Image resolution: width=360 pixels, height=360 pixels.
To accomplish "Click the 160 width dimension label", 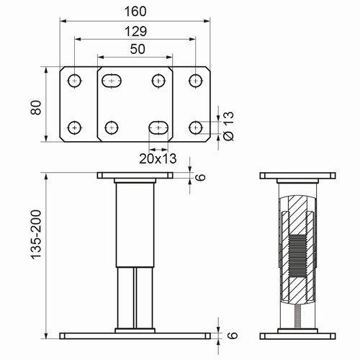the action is tap(135, 12).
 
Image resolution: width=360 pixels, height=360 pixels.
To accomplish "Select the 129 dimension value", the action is tap(135, 32).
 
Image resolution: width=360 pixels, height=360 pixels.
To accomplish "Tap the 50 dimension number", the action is tap(138, 49).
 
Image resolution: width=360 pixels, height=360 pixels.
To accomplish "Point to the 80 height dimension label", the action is tap(36, 107).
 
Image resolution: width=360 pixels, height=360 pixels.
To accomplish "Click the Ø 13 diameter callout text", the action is tap(228, 126).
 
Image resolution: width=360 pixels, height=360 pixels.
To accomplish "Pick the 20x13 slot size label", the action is tap(158, 158).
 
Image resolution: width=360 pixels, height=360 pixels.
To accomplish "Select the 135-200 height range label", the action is tap(36, 235).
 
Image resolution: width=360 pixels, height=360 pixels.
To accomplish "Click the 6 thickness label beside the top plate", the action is tap(201, 177).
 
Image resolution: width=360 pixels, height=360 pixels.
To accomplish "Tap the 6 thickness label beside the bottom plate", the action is tap(233, 336).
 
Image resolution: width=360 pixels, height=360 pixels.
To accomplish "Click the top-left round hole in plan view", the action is tap(74, 81).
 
